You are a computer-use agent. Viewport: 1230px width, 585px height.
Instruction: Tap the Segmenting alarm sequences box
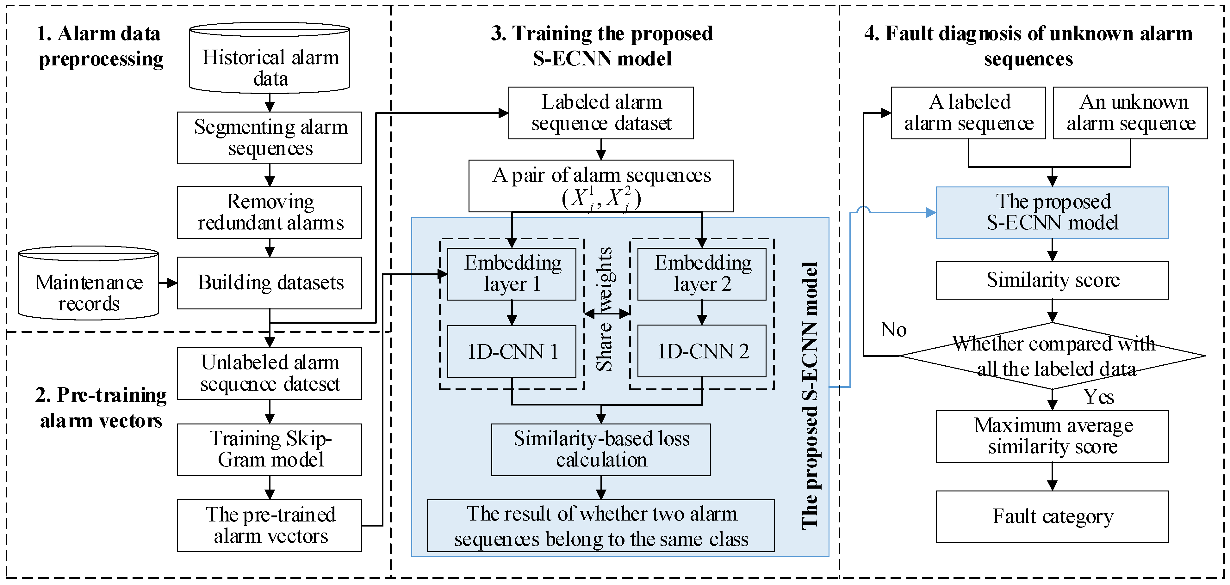click(x=270, y=138)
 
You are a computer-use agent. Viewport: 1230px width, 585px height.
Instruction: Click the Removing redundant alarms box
click(x=270, y=212)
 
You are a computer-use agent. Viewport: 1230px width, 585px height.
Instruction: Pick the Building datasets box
click(x=270, y=283)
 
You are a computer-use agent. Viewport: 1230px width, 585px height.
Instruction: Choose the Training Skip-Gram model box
click(x=270, y=449)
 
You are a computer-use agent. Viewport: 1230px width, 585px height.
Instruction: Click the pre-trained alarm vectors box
click(x=270, y=525)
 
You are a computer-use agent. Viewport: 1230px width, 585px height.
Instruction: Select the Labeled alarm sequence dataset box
click(x=601, y=113)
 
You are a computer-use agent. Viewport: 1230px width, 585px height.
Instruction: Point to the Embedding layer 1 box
click(x=512, y=274)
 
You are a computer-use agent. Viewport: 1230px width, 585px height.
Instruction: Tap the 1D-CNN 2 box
click(x=702, y=351)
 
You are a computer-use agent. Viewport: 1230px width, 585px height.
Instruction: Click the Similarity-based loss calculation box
click(x=601, y=449)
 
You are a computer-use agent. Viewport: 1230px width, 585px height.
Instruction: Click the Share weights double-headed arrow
click(x=607, y=314)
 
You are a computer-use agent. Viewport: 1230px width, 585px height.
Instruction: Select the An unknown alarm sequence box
click(x=1130, y=113)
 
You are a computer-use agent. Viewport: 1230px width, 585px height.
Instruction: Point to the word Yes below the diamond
click(x=1098, y=397)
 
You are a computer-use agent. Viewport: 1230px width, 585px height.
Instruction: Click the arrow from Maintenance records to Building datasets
click(x=168, y=283)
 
